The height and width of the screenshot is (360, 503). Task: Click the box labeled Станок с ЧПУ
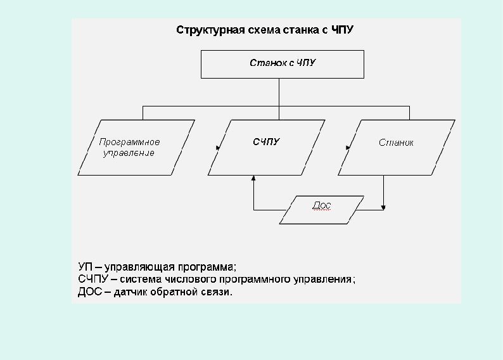282,64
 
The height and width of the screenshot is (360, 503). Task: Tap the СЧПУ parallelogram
266,147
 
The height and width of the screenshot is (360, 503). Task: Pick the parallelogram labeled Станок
396,147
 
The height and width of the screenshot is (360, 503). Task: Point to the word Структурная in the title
201,30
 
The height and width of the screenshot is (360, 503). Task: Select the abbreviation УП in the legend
85,266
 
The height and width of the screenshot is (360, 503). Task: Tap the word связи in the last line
217,292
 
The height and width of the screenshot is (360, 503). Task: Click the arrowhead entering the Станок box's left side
348,148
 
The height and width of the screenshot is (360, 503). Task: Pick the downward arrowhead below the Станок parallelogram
384,207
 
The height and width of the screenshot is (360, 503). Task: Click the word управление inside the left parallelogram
129,153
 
